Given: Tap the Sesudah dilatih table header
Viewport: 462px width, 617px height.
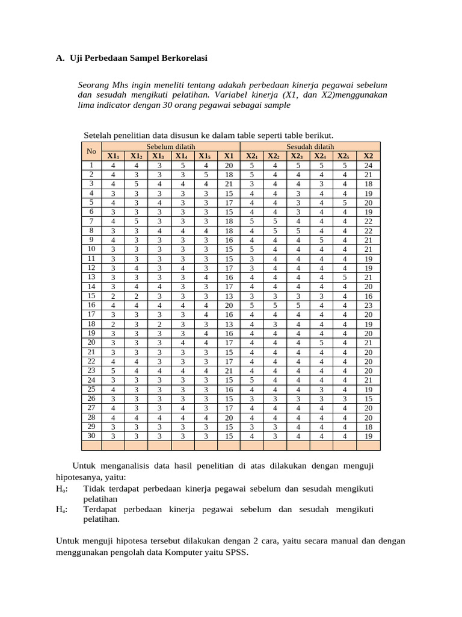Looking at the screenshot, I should click(310, 146).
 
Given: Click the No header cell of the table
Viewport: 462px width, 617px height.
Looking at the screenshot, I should click(91, 151).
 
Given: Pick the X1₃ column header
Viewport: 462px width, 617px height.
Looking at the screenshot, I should click(159, 156).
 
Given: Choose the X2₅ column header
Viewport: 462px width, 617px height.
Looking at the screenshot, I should click(345, 156).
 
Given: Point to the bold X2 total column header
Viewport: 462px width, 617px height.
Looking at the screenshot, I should click(368, 156).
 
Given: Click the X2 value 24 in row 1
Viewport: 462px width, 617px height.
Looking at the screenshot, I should click(368, 165).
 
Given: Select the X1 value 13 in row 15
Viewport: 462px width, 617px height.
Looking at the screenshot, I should click(229, 296).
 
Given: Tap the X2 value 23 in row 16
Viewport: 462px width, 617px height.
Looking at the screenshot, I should click(368, 305).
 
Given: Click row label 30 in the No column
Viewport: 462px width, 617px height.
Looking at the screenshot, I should click(91, 436).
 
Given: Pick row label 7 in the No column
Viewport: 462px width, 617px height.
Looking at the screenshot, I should click(91, 221).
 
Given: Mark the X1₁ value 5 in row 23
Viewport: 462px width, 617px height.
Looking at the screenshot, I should click(113, 371).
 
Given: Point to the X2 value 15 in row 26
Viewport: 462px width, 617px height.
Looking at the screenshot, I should click(368, 399).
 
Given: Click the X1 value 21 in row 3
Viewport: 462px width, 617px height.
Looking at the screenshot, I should click(229, 184).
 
